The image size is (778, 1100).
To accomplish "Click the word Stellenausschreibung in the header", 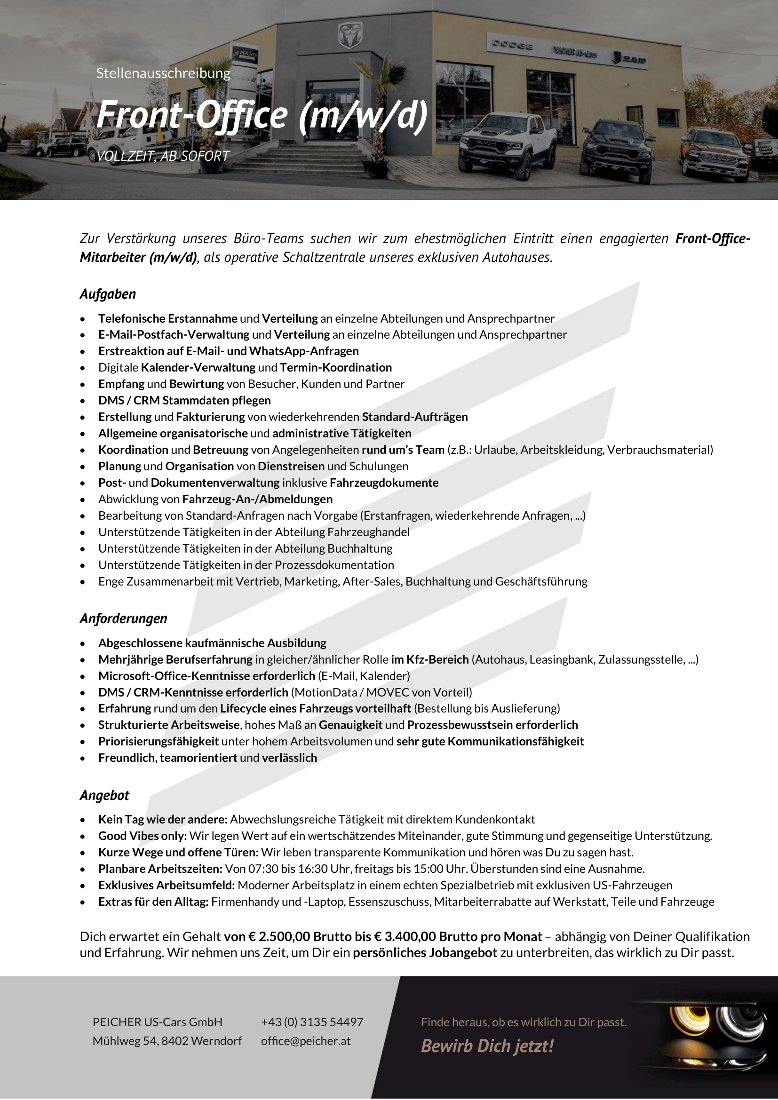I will pos(163,73).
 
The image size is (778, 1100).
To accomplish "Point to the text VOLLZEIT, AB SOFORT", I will pos(163,156).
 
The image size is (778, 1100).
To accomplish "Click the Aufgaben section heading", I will pos(108,294).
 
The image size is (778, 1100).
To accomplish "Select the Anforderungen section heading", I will pos(124,618).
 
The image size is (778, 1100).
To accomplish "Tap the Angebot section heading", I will pos(104,795).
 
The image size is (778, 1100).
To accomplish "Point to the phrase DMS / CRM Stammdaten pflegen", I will pos(184,401).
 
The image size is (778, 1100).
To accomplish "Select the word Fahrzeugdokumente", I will pos(384,483).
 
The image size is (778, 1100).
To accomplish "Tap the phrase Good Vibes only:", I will pos(142,836).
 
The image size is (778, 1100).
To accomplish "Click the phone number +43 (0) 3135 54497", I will pos(312,1022).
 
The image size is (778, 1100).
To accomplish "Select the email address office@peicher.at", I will pos(306,1041).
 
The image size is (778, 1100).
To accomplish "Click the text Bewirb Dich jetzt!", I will pos(487,1046).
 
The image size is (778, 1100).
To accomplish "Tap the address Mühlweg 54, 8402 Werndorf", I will pos(167,1041).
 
